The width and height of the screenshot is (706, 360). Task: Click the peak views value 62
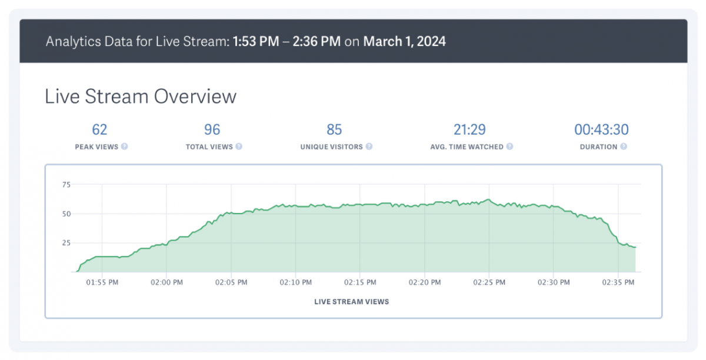click(x=99, y=129)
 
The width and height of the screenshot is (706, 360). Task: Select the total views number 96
click(x=212, y=129)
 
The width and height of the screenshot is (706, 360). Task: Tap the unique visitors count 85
click(x=334, y=129)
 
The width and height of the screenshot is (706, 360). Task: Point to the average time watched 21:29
click(x=468, y=129)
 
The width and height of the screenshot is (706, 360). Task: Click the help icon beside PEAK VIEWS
click(x=125, y=146)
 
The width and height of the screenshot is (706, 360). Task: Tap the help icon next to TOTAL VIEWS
click(x=239, y=146)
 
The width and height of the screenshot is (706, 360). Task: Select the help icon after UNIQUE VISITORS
click(x=369, y=146)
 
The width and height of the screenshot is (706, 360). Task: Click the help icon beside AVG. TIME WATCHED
click(x=509, y=146)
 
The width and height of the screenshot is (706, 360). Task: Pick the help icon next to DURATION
click(x=623, y=146)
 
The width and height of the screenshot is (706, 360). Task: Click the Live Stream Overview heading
click(x=141, y=96)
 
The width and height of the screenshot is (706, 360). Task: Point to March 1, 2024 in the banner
click(x=404, y=42)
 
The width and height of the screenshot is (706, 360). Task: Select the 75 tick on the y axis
click(x=66, y=185)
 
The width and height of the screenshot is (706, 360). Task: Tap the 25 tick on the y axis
click(x=66, y=243)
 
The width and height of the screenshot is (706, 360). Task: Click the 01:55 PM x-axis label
click(x=102, y=282)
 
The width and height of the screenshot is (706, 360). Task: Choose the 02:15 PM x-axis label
click(x=360, y=282)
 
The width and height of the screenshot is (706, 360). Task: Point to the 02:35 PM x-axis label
click(x=619, y=282)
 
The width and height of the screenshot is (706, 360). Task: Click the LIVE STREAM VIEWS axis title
click(x=352, y=302)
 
